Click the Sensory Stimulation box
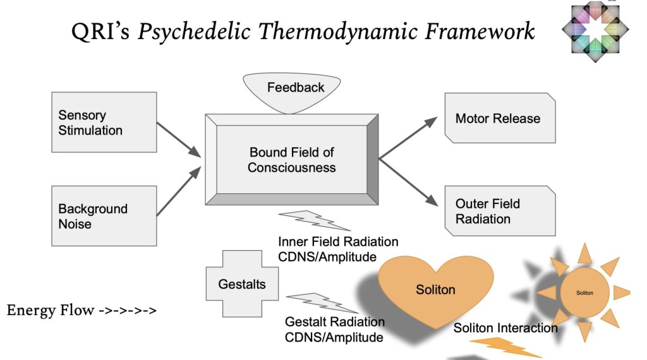[x=104, y=123]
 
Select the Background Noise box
[x=104, y=216]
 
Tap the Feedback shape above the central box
[x=295, y=92]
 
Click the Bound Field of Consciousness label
[x=291, y=160]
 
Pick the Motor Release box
[x=500, y=118]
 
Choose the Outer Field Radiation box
[x=500, y=211]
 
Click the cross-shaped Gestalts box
[x=243, y=284]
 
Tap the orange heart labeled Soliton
[x=435, y=290]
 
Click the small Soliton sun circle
[x=584, y=292]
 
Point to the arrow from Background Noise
[x=178, y=191]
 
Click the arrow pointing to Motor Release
[x=408, y=135]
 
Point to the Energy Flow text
[x=82, y=311]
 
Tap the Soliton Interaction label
[x=505, y=328]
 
